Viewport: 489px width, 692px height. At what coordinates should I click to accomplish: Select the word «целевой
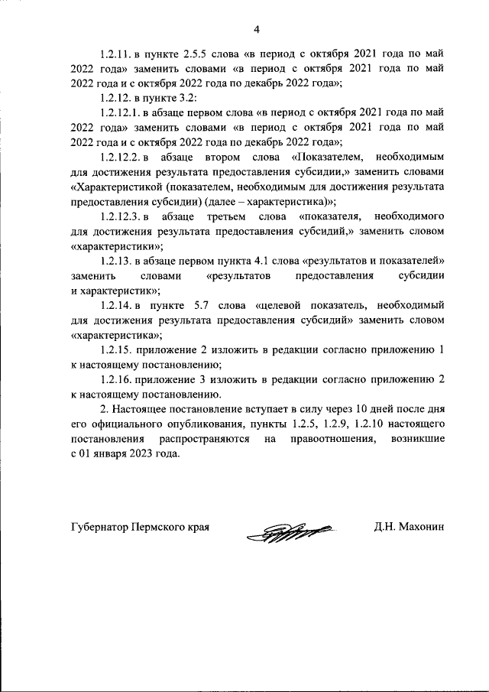[291, 306]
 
